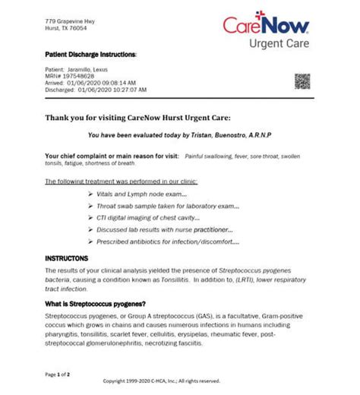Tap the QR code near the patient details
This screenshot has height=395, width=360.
(304, 81)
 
